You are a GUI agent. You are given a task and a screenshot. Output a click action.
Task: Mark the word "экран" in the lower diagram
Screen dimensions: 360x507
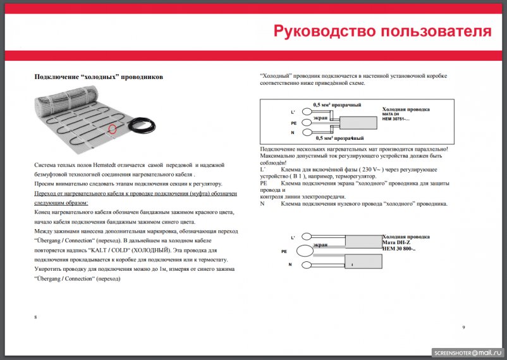321,244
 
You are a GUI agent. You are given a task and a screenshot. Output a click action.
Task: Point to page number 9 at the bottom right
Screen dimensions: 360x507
463,326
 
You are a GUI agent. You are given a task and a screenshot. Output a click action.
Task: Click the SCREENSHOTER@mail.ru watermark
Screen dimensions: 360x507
467,351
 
